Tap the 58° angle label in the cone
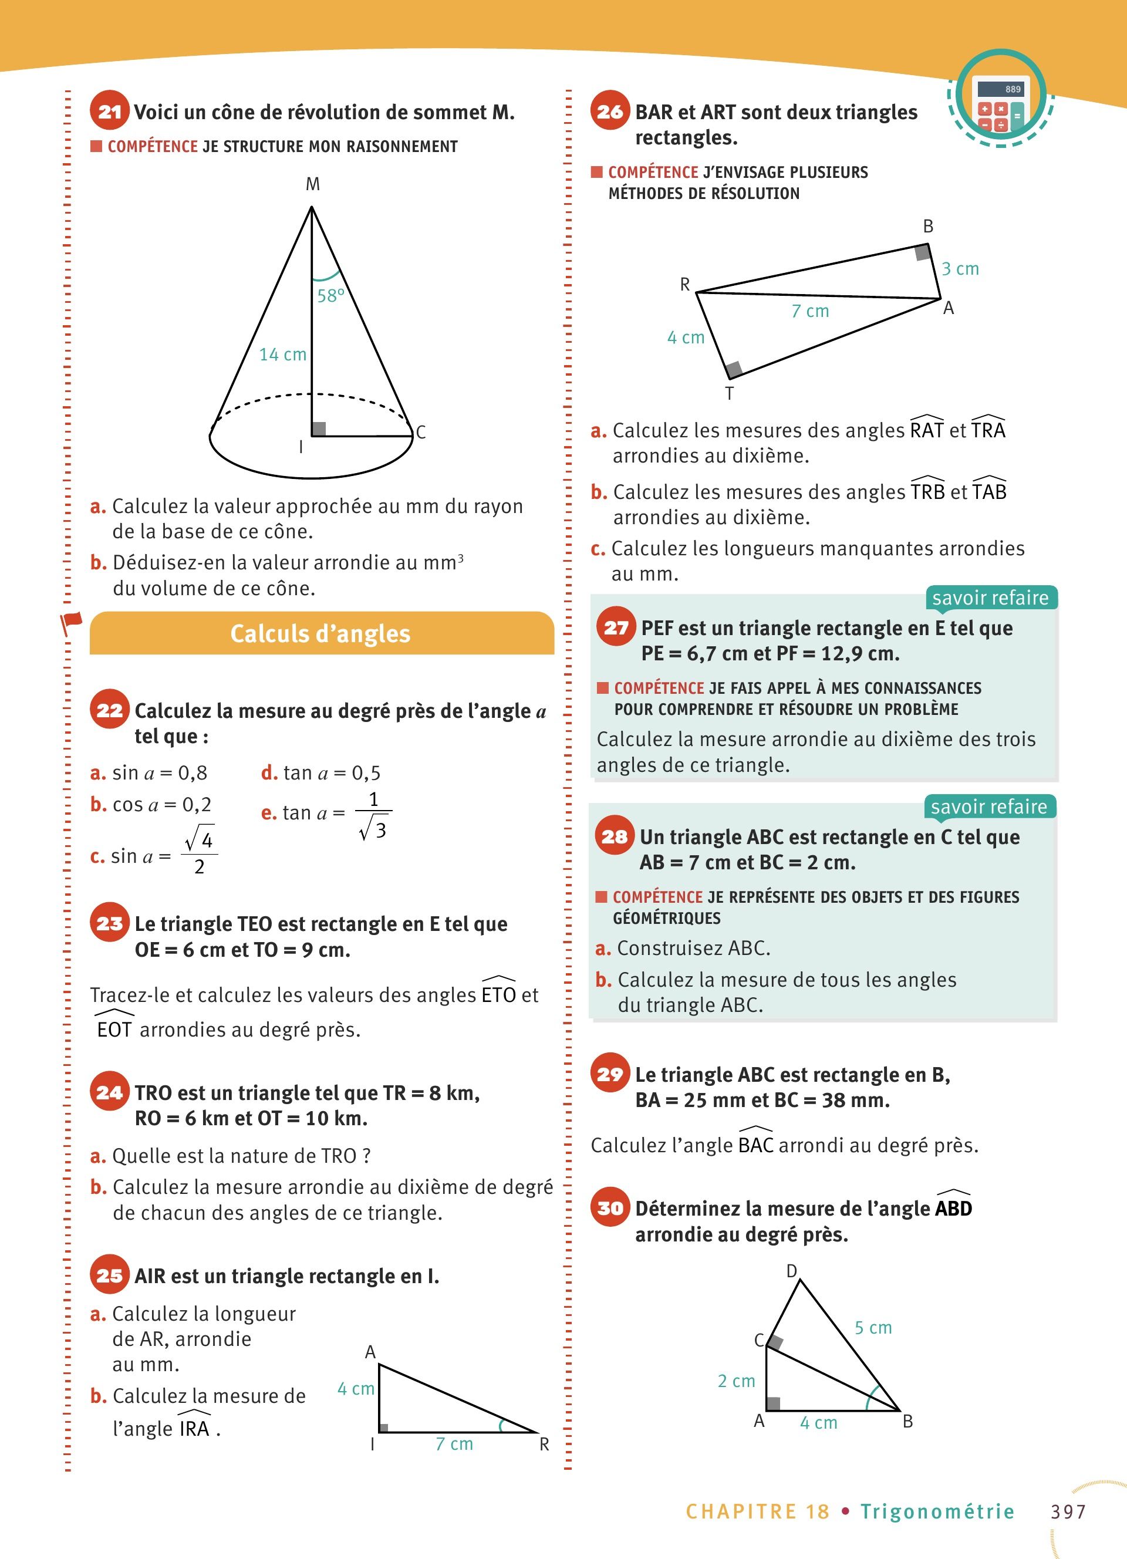click(x=330, y=296)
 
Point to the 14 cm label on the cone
click(x=282, y=354)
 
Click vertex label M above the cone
click(x=313, y=184)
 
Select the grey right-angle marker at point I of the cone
click(x=319, y=428)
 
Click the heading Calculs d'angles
click(x=320, y=634)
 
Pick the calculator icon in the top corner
click(x=1001, y=98)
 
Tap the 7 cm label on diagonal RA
click(x=810, y=311)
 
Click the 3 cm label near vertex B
click(x=960, y=269)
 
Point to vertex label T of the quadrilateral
click(x=729, y=393)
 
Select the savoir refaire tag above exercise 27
click(x=990, y=598)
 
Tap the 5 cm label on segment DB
click(x=873, y=1327)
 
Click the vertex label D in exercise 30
click(x=792, y=1271)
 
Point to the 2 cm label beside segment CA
click(x=736, y=1381)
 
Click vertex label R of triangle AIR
click(x=544, y=1444)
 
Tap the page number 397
click(x=1068, y=1511)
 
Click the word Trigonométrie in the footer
click(x=937, y=1511)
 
